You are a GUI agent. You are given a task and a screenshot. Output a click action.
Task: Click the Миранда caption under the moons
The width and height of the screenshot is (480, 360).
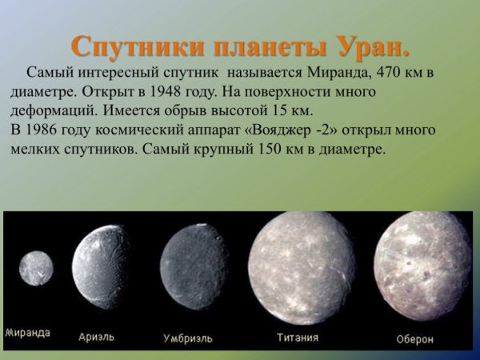pyautogui.click(x=28, y=332)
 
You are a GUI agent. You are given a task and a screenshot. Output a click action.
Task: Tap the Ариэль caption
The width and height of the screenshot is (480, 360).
pyautogui.click(x=97, y=337)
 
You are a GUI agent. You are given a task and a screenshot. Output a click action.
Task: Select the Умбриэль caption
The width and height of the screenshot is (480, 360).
pyautogui.click(x=188, y=338)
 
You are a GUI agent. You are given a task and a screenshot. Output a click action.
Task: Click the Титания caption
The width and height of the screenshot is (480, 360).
pyautogui.click(x=297, y=337)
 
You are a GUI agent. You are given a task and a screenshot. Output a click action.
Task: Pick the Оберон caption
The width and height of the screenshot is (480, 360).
pyautogui.click(x=415, y=339)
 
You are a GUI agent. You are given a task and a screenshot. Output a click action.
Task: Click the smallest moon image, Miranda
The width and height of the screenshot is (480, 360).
pyautogui.click(x=35, y=269)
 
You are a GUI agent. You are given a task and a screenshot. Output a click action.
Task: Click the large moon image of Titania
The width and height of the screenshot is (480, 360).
pyautogui.click(x=301, y=267)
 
